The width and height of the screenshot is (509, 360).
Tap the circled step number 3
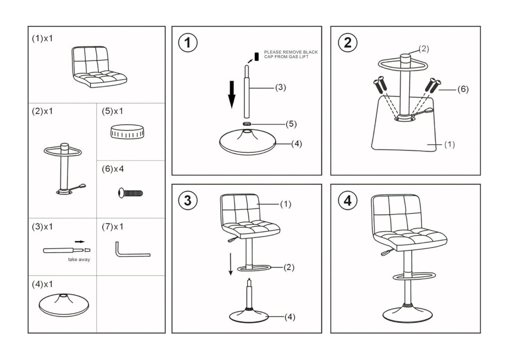[x=187, y=201]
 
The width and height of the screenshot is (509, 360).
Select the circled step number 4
[x=347, y=201]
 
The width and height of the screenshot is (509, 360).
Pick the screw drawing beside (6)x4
[x=130, y=193]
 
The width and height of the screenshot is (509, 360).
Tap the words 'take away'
[x=79, y=260]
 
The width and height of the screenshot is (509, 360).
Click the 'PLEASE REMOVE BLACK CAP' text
[x=291, y=54]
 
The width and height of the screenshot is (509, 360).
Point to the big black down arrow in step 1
[x=232, y=94]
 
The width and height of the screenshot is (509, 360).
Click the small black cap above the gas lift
[x=257, y=56]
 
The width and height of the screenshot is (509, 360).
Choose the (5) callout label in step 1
[x=291, y=124]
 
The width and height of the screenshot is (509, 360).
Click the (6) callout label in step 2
[x=462, y=89]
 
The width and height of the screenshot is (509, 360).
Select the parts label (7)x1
[x=112, y=227]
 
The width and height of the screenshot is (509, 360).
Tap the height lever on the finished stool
[x=384, y=253]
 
